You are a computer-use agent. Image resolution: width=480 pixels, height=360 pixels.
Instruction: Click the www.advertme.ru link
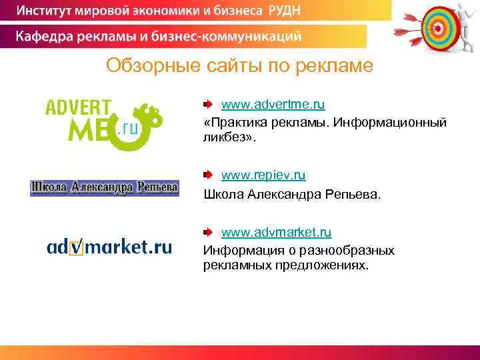point(273,105)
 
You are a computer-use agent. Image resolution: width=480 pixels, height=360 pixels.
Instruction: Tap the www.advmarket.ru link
point(276,233)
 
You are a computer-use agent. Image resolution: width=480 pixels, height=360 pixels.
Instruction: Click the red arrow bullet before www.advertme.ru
point(208,105)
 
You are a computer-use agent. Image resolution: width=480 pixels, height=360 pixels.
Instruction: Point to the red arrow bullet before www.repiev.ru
point(208,175)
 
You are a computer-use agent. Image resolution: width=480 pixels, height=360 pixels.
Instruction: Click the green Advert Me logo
point(103,124)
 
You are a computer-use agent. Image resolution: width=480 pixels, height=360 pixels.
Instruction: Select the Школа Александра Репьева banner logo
point(105,188)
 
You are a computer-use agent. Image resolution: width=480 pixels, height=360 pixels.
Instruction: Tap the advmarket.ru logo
point(109,247)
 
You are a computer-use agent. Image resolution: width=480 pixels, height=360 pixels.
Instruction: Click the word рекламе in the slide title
point(337,66)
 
